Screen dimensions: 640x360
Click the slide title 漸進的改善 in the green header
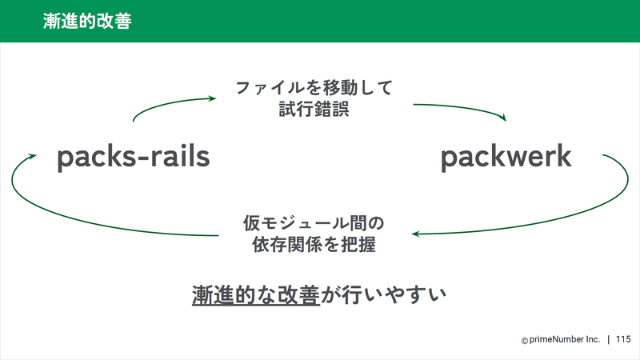coord(87,22)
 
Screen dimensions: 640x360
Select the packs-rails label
coord(133,157)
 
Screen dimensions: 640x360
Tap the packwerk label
coord(506,157)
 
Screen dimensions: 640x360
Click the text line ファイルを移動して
coord(314,88)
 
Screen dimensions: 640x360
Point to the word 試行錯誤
coord(314,110)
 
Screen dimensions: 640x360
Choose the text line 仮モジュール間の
coord(314,223)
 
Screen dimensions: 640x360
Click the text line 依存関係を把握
coord(314,245)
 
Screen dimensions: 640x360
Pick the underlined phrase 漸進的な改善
coord(256,295)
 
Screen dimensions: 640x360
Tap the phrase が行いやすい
coord(383,295)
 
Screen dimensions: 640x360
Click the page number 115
coord(623,339)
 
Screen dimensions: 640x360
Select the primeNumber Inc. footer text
coord(565,339)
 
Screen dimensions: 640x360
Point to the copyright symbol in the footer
coord(525,341)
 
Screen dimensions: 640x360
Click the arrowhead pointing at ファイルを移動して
coord(212,98)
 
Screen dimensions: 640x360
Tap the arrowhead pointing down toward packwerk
coord(503,118)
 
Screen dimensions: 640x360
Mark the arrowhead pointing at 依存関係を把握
coord(415,234)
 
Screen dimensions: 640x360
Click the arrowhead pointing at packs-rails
coord(33,156)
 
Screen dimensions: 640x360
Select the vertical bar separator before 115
coord(609,339)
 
